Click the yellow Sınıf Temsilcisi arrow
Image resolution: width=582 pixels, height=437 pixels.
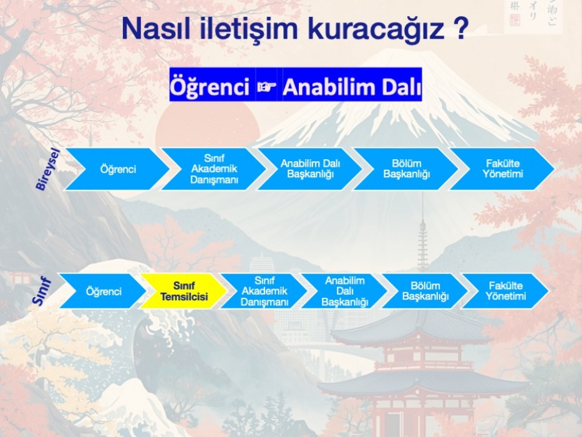coord(183,292)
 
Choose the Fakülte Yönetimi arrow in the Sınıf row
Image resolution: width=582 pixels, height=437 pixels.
coord(505,292)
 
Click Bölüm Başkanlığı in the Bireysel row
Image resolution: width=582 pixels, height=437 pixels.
coord(406,169)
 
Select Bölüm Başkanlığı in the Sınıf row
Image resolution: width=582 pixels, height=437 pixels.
coord(425,292)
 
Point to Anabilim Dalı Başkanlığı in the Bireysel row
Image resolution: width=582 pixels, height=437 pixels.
coord(310,169)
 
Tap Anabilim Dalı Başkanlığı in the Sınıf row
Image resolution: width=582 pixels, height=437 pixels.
coord(344,292)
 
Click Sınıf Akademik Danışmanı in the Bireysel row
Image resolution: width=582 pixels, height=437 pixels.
coord(214,169)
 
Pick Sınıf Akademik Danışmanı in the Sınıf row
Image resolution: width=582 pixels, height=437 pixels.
coord(264,292)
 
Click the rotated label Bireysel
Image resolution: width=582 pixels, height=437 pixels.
coord(47,169)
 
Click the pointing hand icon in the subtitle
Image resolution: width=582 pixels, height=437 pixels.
coord(267,87)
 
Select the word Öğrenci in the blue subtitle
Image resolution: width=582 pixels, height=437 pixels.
coord(210,87)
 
